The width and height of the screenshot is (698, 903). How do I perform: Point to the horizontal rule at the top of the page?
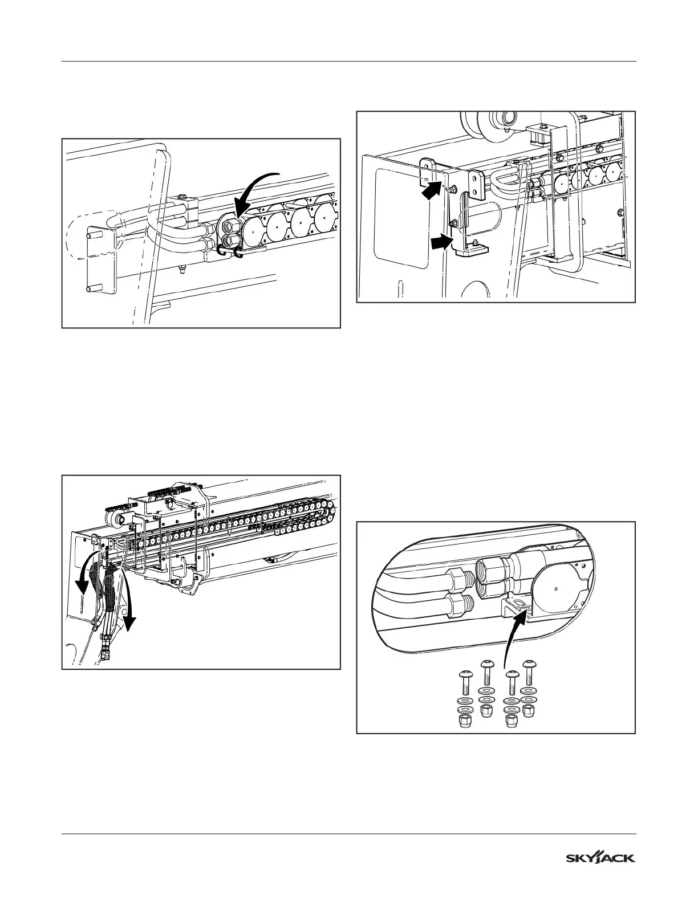click(x=349, y=61)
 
